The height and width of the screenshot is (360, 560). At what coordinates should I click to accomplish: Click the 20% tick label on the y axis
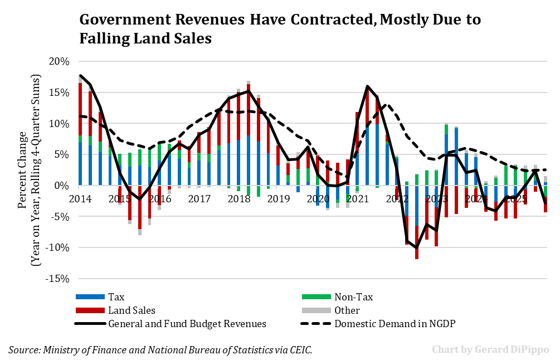click(59, 61)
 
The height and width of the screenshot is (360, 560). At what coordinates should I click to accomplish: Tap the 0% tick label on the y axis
click(62, 186)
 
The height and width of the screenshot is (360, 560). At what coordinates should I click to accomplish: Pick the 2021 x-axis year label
click(357, 198)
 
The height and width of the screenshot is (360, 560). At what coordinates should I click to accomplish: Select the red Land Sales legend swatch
click(89, 310)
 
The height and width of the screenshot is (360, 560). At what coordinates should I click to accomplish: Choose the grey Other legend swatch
click(315, 310)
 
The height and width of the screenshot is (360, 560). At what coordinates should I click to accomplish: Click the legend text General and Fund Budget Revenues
click(187, 324)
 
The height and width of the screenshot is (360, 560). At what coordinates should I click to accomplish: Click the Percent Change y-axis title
click(22, 169)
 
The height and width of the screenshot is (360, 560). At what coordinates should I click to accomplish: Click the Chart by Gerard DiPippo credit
click(490, 349)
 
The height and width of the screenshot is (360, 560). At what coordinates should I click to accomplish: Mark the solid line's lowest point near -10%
click(416, 247)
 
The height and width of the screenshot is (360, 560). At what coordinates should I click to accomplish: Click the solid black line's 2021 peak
click(367, 86)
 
